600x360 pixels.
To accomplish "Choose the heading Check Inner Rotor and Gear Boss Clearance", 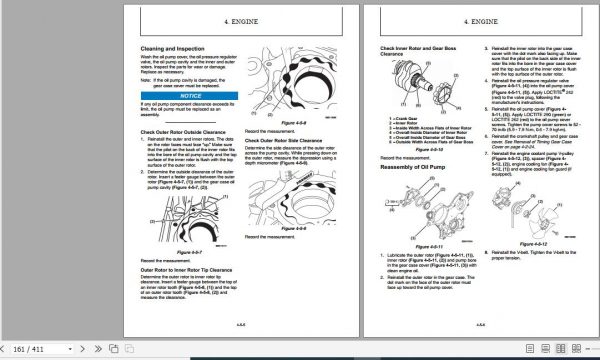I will (410, 51).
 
